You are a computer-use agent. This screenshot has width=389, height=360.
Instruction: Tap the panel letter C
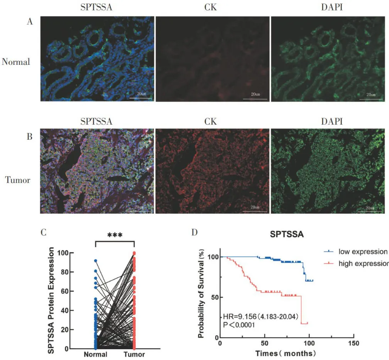coord(44,233)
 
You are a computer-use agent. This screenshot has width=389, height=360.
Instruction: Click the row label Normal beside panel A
coord(16,62)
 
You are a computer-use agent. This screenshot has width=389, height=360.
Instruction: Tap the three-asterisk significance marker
coord(114,235)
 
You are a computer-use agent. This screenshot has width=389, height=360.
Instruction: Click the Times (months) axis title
coord(286,353)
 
